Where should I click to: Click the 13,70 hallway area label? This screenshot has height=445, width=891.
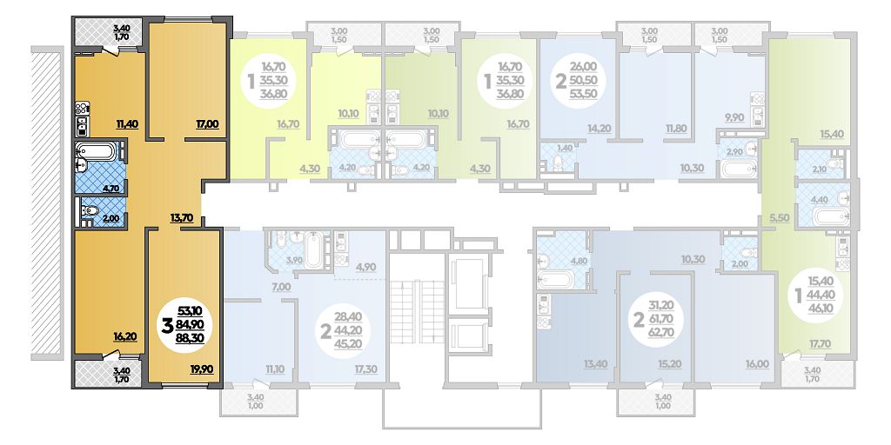[182, 216]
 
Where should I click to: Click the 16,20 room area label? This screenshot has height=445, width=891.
[124, 335]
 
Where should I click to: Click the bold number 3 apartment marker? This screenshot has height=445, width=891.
[168, 326]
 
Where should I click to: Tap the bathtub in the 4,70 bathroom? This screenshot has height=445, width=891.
[97, 151]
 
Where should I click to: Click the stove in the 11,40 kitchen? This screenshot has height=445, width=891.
[83, 108]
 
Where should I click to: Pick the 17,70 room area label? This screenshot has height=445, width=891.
[819, 342]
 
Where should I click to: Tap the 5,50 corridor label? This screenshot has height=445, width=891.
[780, 217]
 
